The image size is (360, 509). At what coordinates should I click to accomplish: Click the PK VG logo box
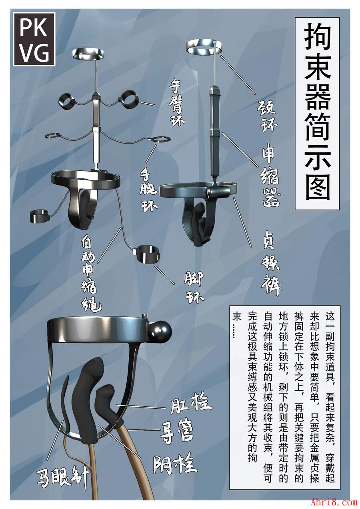34,39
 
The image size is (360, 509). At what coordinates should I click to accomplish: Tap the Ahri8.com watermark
334,501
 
